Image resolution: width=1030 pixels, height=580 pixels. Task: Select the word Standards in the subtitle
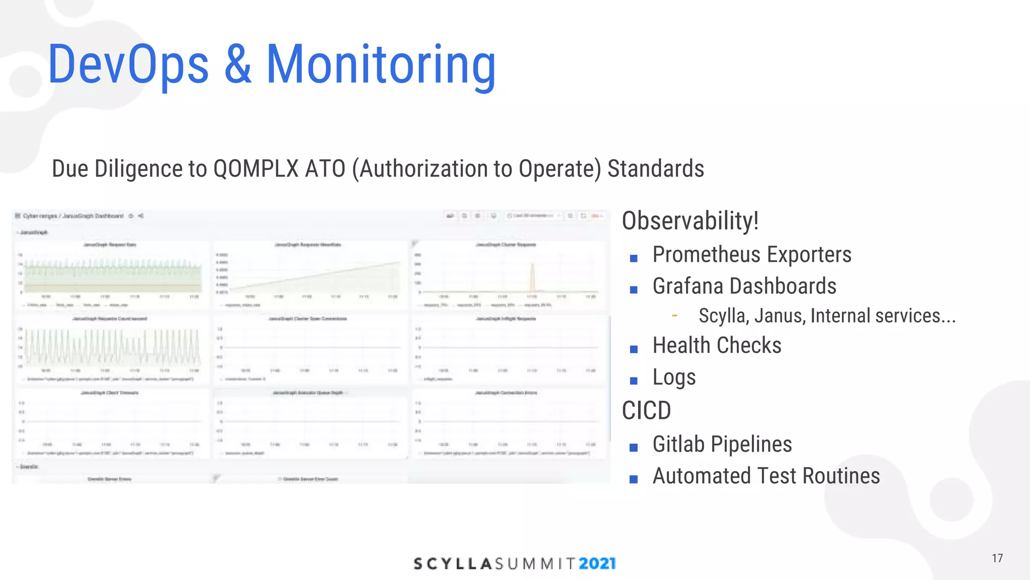655,169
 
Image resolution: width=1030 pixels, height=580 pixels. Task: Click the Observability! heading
690,221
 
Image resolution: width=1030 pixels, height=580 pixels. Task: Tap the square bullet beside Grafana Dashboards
634,289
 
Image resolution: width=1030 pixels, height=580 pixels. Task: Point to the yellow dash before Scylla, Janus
674,316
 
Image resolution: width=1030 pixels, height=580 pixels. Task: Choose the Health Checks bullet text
717,346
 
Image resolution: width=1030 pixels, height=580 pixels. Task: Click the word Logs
674,378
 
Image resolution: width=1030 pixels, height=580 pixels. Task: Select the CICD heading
646,411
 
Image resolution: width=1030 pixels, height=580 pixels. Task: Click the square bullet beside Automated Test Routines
634,479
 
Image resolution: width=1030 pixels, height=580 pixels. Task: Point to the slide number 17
997,558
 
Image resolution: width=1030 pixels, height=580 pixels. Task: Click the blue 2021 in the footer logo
597,563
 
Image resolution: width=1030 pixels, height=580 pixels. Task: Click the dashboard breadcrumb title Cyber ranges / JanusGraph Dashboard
73,216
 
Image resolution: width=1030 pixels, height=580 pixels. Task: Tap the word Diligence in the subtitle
138,169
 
